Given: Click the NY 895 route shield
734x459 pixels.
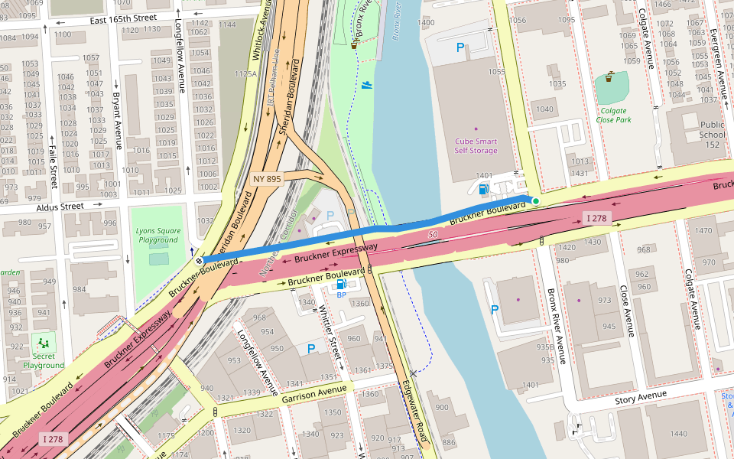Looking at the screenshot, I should tap(267, 179).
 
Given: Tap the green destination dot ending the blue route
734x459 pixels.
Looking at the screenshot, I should tap(536, 201).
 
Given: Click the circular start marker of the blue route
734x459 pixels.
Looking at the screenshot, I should tap(199, 260).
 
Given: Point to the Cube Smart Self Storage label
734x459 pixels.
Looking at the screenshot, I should tap(476, 145).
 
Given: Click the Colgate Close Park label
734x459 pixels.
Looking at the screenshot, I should tap(613, 115).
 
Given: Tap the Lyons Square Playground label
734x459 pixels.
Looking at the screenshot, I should tap(157, 235).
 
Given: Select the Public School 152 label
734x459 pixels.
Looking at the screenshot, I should tap(711, 135).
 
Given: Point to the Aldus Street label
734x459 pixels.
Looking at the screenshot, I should tap(60, 207).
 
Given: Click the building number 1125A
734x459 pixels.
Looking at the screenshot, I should tap(245, 74).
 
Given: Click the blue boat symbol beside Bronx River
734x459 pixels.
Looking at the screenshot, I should tap(368, 85).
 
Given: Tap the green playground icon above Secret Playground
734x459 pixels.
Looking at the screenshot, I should tap(43, 342).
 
